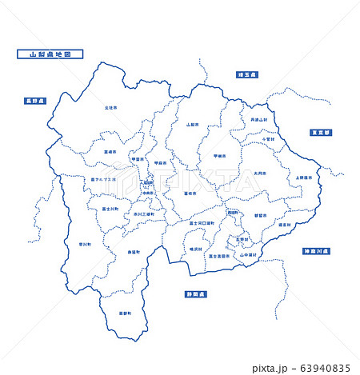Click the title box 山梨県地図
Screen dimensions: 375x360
50,55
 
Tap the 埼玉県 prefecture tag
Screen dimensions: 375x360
247,74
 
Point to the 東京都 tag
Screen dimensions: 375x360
322,132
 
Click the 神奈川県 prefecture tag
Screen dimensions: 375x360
317,251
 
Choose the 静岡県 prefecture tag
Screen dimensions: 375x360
196,293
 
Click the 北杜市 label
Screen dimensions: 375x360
110,106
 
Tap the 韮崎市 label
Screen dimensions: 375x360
110,151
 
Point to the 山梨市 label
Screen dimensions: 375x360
192,125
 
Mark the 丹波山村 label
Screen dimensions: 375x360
263,120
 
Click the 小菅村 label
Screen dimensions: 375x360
269,138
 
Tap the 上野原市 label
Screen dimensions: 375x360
304,178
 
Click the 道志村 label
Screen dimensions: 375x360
284,225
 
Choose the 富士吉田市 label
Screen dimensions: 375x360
218,256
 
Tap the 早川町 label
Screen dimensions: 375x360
85,244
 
